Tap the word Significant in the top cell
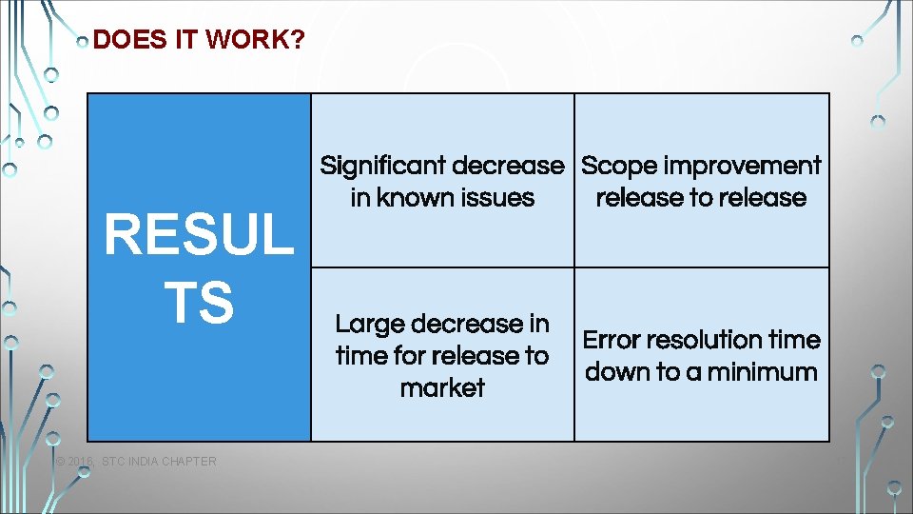(383, 166)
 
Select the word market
(442, 388)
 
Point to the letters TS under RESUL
(199, 302)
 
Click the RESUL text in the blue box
(199, 235)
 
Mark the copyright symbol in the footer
(60, 463)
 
